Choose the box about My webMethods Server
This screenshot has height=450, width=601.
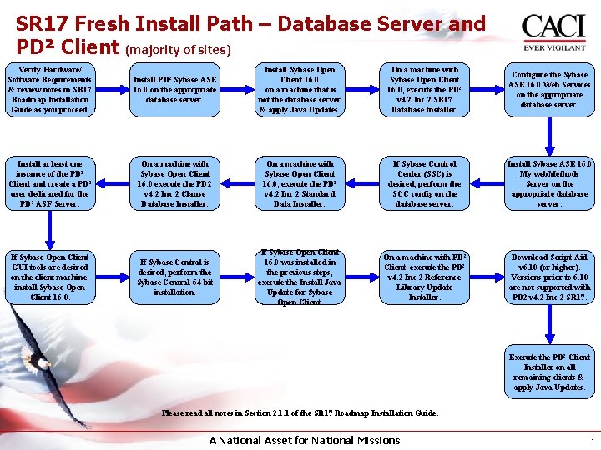click(549, 184)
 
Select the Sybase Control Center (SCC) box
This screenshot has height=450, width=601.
click(424, 184)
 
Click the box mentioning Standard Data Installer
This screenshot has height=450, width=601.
click(300, 184)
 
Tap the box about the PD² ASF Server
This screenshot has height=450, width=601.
click(48, 184)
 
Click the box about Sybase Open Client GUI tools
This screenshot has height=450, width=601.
click(48, 277)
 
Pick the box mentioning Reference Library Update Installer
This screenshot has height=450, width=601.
click(424, 277)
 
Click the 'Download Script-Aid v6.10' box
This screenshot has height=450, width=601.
click(549, 277)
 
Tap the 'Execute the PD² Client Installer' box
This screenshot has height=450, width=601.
click(549, 372)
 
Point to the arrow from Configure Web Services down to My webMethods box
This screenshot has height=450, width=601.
click(549, 137)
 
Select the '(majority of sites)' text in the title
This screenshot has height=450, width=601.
click(177, 50)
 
